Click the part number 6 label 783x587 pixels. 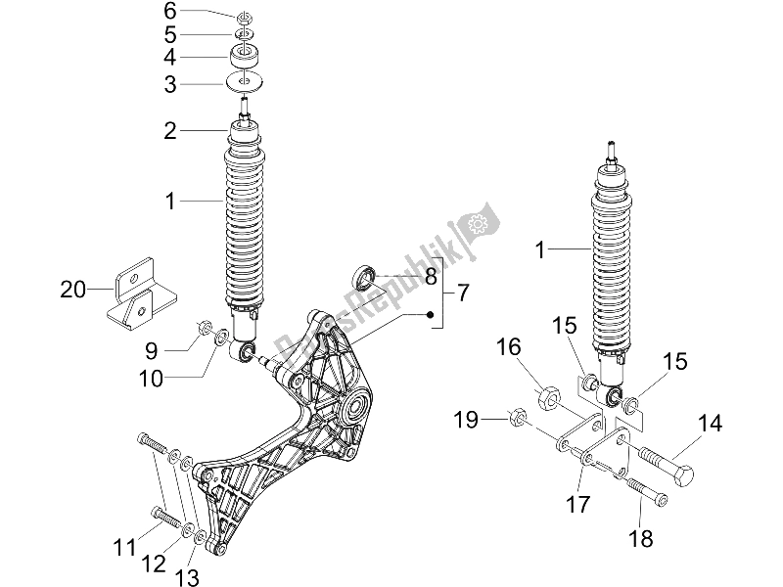169,12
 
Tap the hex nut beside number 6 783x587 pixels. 246,16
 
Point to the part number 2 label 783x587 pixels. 169,130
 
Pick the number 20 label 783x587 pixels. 73,289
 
